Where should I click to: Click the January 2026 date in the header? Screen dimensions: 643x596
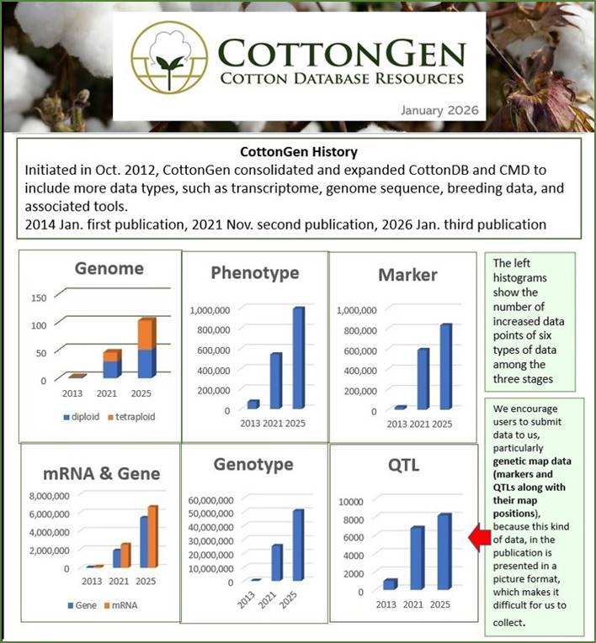439,110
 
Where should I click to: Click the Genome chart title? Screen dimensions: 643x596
108,269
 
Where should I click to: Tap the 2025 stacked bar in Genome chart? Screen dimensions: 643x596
146,347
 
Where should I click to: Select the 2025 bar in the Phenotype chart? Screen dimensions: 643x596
298,357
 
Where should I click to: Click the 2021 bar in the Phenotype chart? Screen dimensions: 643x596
274,380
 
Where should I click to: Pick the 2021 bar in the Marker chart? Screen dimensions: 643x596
423,377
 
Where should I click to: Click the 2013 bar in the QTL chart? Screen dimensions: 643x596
389,583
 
